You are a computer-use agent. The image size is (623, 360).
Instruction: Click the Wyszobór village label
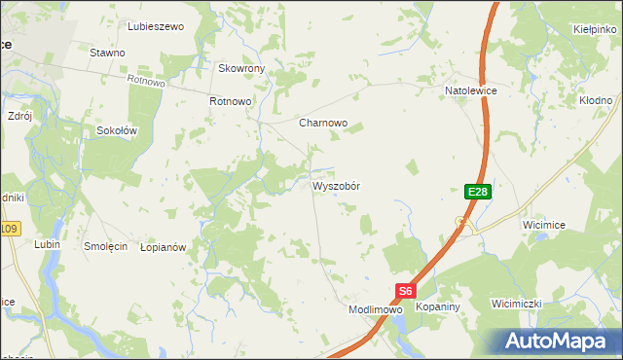(336, 186)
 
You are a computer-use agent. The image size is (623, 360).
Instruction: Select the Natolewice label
(471, 90)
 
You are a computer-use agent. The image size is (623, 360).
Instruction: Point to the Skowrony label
(242, 69)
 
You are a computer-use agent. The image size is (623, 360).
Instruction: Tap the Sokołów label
(117, 129)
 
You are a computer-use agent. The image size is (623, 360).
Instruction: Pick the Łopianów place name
(163, 248)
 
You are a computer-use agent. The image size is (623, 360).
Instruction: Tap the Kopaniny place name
(437, 306)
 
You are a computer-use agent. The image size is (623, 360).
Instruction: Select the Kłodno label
(595, 100)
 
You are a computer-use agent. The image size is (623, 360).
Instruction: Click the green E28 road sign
(477, 193)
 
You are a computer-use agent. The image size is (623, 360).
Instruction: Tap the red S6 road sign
(406, 290)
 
